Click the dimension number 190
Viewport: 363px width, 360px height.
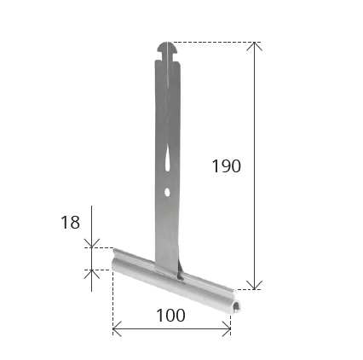point(227,166)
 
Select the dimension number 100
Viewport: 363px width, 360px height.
point(170,316)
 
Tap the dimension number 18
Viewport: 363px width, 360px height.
point(70,222)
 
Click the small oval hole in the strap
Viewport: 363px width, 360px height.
point(167,192)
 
